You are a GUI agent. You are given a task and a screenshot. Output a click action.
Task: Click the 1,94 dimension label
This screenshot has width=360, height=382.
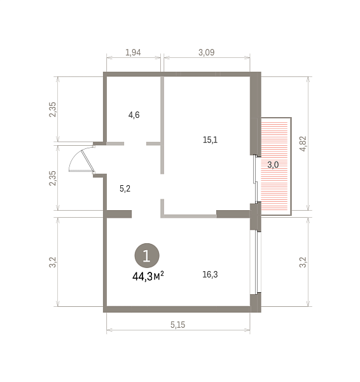point(133,52)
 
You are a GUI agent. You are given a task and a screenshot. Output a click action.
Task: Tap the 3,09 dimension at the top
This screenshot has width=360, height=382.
point(207,52)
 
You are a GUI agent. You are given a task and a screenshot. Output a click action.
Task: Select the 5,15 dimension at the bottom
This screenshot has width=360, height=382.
point(177,325)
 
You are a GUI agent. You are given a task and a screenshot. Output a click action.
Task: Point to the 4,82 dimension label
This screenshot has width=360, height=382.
point(303,144)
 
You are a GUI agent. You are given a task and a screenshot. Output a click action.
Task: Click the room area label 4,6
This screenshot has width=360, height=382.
point(134,115)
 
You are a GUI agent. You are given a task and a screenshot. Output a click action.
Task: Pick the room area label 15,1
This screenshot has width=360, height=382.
point(210,140)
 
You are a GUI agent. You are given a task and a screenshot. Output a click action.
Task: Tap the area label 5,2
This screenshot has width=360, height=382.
point(125,188)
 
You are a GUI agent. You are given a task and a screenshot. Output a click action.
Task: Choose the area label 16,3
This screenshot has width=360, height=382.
point(210,274)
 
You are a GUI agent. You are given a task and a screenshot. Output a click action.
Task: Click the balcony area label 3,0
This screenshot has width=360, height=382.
point(273,165)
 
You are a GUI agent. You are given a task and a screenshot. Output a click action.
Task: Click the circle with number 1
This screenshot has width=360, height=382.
point(147,255)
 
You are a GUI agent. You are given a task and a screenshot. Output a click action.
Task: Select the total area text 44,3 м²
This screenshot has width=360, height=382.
point(148,276)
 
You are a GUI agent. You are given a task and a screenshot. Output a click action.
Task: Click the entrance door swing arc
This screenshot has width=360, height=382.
point(74,155)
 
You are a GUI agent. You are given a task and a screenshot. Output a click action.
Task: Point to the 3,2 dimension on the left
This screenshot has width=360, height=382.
point(53,262)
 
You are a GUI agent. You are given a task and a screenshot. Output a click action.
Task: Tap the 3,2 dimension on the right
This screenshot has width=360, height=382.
point(303,262)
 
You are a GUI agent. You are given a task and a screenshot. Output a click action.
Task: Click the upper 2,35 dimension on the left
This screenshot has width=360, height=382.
point(53,110)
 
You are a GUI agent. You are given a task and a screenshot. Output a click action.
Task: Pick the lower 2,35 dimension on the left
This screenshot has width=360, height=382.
point(53,178)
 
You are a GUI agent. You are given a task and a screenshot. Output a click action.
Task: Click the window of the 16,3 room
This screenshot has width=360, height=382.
point(256,262)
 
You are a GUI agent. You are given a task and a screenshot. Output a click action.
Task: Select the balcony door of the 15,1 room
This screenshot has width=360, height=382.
point(255,179)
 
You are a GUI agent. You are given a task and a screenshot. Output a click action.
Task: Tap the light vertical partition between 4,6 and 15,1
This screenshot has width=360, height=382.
point(162,125)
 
